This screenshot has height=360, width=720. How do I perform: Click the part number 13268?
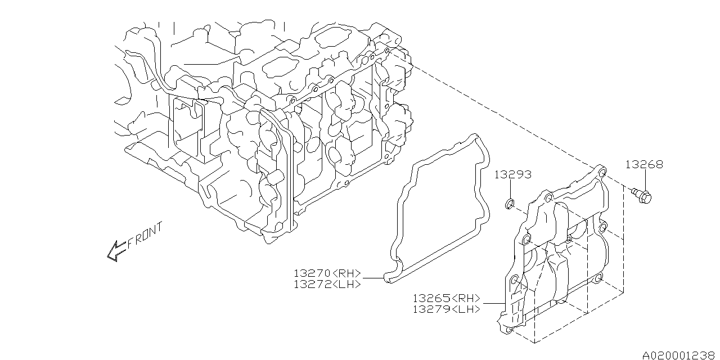click(x=644, y=165)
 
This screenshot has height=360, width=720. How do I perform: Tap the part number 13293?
click(x=513, y=175)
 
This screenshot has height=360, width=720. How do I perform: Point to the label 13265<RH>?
click(x=446, y=298)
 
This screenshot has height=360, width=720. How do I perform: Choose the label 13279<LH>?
click(x=446, y=309)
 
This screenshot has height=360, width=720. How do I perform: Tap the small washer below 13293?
click(x=510, y=202)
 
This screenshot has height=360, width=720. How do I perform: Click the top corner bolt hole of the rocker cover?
click(x=601, y=172)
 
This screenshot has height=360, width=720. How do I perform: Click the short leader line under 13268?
click(x=645, y=180)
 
